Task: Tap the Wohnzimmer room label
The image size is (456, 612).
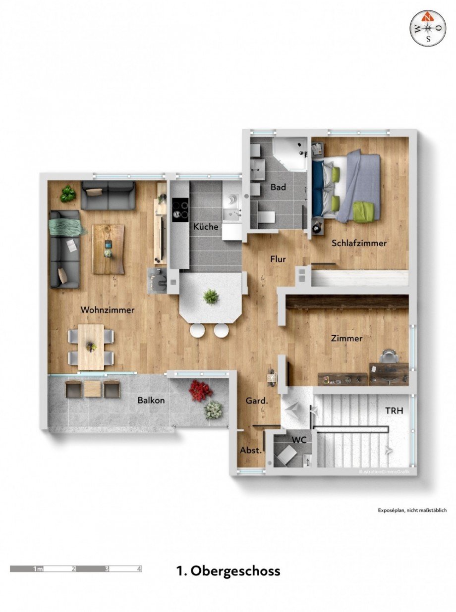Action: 108,310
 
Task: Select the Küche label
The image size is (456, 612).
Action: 206,227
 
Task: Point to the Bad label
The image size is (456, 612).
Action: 279,188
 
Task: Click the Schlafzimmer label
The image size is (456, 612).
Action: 359,243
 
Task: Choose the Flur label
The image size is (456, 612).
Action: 278,258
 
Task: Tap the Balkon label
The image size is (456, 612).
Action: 151,400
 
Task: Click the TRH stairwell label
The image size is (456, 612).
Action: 395,410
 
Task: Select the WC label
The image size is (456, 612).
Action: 298,439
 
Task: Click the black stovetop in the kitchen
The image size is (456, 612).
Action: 179,209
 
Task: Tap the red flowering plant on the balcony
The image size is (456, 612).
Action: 200,391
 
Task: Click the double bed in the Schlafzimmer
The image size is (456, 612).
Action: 347,186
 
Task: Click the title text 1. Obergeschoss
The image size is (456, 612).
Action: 228,570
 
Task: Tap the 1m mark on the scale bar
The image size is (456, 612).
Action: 38,569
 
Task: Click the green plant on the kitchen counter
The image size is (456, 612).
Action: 211,297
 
